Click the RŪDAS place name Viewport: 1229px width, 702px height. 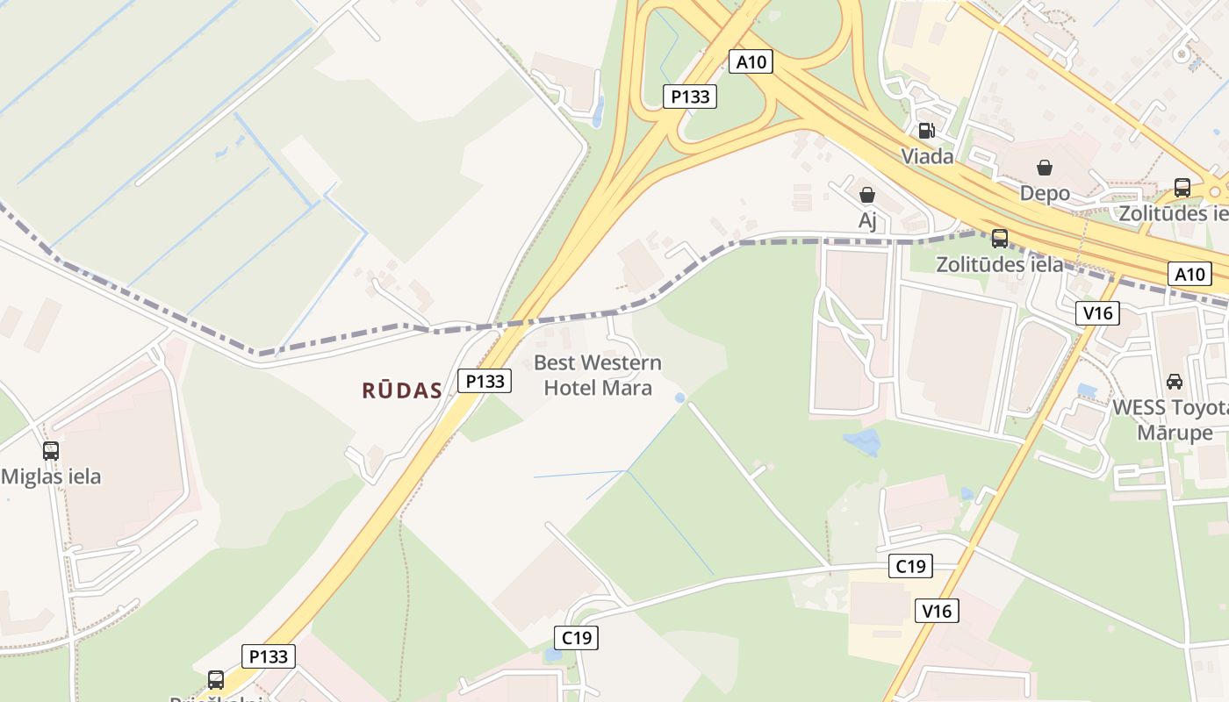pos(402,391)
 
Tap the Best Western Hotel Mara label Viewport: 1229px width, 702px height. pos(598,375)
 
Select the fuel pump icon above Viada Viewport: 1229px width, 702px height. pos(926,132)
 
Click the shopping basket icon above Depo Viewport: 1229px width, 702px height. pos(1045,168)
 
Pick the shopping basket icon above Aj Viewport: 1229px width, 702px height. pos(867,195)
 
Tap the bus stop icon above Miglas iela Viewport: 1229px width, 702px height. pos(51,451)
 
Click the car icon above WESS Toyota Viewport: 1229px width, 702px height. pos(1174,382)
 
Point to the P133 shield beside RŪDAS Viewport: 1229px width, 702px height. pos(485,381)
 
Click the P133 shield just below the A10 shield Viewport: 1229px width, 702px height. pos(690,97)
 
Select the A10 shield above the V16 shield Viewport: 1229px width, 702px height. pos(1189,274)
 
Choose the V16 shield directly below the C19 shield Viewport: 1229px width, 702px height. pos(936,611)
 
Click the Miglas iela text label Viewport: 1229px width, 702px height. pos(51,477)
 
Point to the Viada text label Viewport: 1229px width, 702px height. pos(927,157)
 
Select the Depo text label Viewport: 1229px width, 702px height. pos(1045,193)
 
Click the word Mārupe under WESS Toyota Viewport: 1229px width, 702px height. pos(1175,433)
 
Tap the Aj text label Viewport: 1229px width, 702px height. pos(867,220)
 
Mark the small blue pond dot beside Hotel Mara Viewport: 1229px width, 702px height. pos(679,398)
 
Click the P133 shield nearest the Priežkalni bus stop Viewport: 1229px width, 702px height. pos(268,656)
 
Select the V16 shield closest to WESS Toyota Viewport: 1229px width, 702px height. pos(1097,313)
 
